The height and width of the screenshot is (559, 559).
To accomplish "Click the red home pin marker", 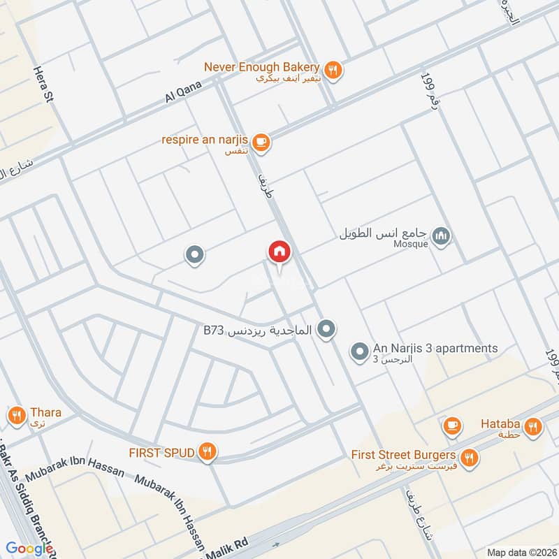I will [x=279, y=252].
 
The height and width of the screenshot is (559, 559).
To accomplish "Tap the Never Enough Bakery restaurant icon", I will [x=334, y=69].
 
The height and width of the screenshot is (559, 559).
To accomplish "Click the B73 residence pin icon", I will [x=326, y=328].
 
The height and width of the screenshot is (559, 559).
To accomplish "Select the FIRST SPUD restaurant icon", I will [x=206, y=451].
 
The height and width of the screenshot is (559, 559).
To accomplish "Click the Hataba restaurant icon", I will [x=534, y=426].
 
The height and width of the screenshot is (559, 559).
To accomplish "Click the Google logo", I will [x=29, y=549].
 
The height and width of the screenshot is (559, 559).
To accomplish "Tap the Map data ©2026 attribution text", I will [x=521, y=552].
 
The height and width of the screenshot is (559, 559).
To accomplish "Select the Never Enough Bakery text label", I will [x=262, y=67].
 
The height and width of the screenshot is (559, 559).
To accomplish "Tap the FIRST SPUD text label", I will [x=161, y=452].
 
